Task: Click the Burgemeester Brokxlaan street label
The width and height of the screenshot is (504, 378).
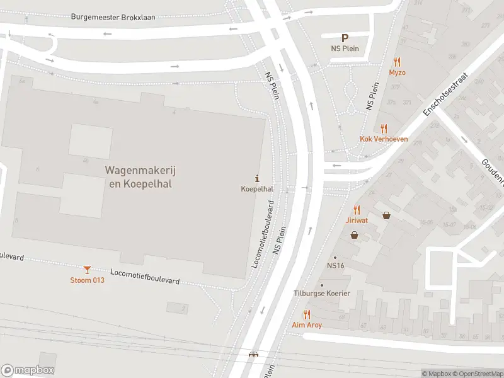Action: tap(113, 17)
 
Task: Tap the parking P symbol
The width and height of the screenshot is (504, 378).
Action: tap(345, 38)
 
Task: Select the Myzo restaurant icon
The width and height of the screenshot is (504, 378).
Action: tap(397, 62)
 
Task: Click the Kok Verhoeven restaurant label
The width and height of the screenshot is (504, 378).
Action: tap(384, 139)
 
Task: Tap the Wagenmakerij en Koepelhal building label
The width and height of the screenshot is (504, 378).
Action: tap(138, 177)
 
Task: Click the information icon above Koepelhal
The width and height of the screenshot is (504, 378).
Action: tap(257, 178)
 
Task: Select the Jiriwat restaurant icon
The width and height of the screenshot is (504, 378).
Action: tap(357, 210)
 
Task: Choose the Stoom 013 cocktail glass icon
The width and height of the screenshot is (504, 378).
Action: tap(87, 270)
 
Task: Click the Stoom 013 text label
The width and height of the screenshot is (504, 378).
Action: tap(87, 280)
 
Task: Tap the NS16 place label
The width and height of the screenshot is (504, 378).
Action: tap(335, 266)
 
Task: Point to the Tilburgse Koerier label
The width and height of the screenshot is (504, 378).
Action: tap(322, 294)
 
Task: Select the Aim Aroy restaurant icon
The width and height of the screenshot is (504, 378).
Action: tap(307, 314)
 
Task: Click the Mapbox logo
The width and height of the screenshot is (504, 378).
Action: tap(28, 370)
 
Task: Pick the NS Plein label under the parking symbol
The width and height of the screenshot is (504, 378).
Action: tap(345, 49)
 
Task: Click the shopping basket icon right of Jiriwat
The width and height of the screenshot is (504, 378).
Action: tap(386, 215)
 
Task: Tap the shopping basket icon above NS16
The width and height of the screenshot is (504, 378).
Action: tap(355, 235)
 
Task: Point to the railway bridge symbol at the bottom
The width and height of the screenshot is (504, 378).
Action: tap(254, 355)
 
